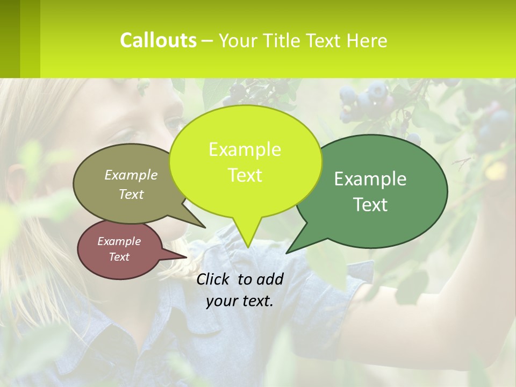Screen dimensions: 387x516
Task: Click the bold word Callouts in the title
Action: point(158,40)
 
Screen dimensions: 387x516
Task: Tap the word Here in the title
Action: point(367,41)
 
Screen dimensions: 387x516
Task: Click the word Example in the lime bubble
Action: point(245,149)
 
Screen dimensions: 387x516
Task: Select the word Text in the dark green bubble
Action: point(370,205)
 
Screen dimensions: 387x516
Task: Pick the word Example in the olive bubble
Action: point(131,175)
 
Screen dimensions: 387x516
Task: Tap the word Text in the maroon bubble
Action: point(119,257)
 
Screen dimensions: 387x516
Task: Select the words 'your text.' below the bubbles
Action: point(240,301)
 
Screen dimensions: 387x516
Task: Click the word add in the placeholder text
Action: point(270,279)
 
